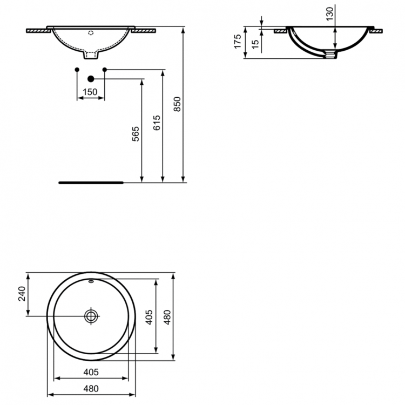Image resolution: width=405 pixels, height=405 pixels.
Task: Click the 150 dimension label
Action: (x=90, y=92)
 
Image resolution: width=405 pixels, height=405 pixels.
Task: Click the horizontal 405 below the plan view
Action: (x=91, y=372)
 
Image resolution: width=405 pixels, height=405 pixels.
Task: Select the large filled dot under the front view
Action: (x=91, y=79)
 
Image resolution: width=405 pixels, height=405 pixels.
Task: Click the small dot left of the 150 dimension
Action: (x=77, y=70)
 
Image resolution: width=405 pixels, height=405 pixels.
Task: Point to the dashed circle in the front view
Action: (x=91, y=33)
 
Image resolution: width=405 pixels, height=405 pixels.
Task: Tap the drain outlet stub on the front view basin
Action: (x=91, y=55)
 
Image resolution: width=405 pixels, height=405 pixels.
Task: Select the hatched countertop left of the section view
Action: (x=280, y=31)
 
